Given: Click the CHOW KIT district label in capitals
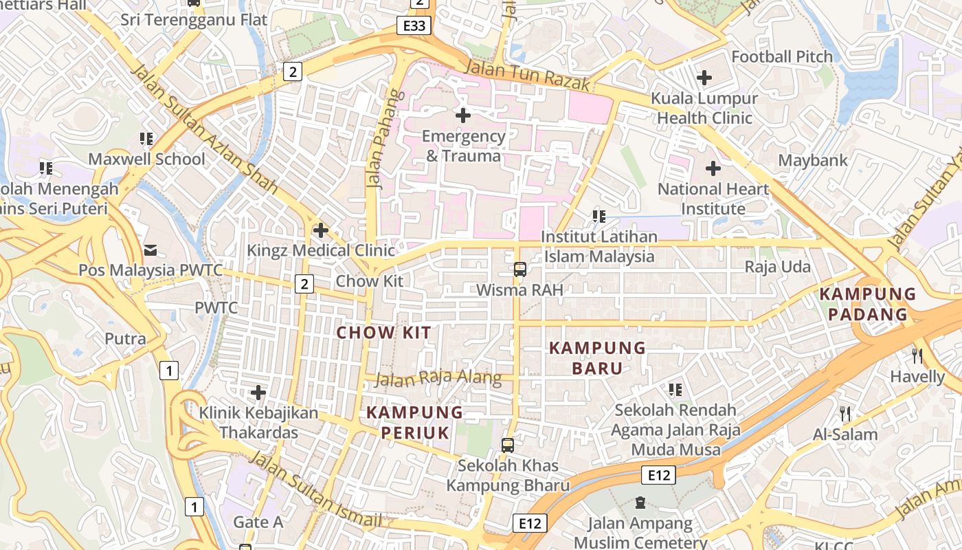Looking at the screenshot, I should (x=383, y=333).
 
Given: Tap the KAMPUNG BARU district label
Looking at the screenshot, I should (x=597, y=358).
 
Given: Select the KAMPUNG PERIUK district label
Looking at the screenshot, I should (x=414, y=422).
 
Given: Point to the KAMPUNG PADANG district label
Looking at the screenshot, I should (x=867, y=304).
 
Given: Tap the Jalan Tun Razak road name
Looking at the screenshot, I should (x=527, y=74).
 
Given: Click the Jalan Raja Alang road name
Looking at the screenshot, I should (x=439, y=378).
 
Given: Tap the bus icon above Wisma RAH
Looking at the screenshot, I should (x=520, y=269).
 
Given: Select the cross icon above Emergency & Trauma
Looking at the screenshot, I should (x=463, y=115).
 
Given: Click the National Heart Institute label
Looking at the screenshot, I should (x=713, y=199).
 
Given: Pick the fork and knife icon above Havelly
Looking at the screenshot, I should (x=917, y=355).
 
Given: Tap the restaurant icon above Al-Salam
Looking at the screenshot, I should (x=845, y=413).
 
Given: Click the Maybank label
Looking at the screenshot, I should (x=813, y=160).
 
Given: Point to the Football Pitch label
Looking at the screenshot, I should (x=782, y=56).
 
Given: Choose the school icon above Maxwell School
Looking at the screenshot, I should (x=146, y=139).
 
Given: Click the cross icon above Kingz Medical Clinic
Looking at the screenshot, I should (x=320, y=230).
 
